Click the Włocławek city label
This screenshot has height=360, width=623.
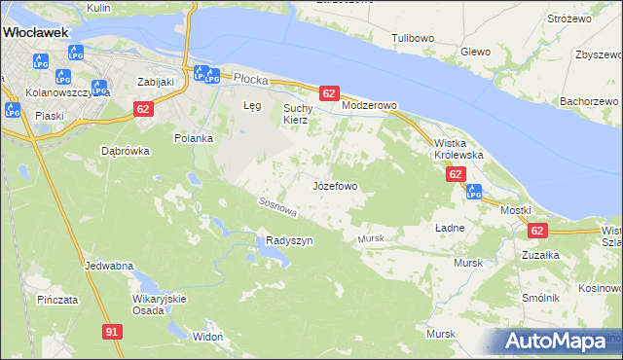(35, 32)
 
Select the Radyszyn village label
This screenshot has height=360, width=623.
(289, 241)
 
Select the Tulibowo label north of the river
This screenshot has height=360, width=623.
(413, 38)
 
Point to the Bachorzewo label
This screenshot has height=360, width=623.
(590, 101)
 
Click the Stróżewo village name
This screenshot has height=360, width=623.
(570, 18)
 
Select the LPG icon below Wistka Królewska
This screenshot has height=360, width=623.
(474, 192)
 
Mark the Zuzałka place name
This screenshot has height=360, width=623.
(539, 254)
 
